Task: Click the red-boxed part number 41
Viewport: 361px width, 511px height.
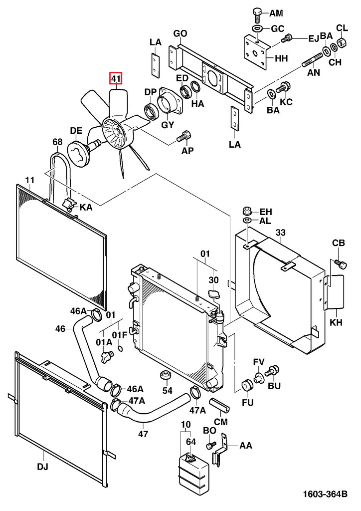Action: coord(116,79)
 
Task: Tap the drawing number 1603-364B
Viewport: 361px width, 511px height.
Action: coord(325,495)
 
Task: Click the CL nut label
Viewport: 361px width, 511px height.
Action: coord(342,27)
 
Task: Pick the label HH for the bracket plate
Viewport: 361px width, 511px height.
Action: coord(281,58)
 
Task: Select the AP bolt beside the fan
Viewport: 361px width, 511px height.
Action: coord(184,135)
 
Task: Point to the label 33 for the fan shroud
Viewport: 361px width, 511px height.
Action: coord(281,233)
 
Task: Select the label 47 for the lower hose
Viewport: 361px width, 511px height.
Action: coord(143,434)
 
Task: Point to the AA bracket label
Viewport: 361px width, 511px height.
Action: coord(246,446)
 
